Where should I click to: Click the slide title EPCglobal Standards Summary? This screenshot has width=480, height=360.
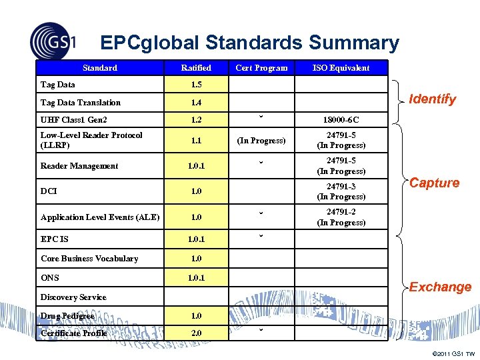(x=249, y=43)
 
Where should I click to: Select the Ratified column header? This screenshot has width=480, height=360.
(x=196, y=68)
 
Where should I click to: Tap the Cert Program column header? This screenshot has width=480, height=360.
(x=262, y=68)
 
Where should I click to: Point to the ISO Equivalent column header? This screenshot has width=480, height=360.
(x=341, y=68)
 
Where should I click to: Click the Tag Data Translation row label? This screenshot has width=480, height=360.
(x=81, y=103)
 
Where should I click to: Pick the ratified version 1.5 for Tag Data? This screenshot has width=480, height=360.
(x=196, y=85)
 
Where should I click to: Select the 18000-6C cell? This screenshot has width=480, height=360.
(x=341, y=120)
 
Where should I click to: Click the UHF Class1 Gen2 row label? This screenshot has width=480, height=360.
(x=74, y=120)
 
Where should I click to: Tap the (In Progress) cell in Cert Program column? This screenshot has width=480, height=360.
(x=262, y=141)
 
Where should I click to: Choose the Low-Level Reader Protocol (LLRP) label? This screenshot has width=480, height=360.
(x=91, y=140)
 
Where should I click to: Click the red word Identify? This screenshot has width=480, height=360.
(x=432, y=99)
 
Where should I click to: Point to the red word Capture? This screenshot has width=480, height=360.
(x=434, y=183)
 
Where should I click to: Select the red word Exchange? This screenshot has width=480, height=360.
(x=440, y=287)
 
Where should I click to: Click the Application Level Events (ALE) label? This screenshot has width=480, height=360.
(x=100, y=217)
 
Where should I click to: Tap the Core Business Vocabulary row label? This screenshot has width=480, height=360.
(x=89, y=259)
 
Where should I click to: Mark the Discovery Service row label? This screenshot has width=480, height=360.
(x=73, y=297)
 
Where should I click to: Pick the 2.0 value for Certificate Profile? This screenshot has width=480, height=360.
(x=196, y=333)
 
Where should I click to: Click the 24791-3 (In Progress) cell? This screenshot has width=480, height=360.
(x=341, y=191)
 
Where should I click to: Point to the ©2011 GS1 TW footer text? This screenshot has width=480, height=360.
(x=453, y=353)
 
